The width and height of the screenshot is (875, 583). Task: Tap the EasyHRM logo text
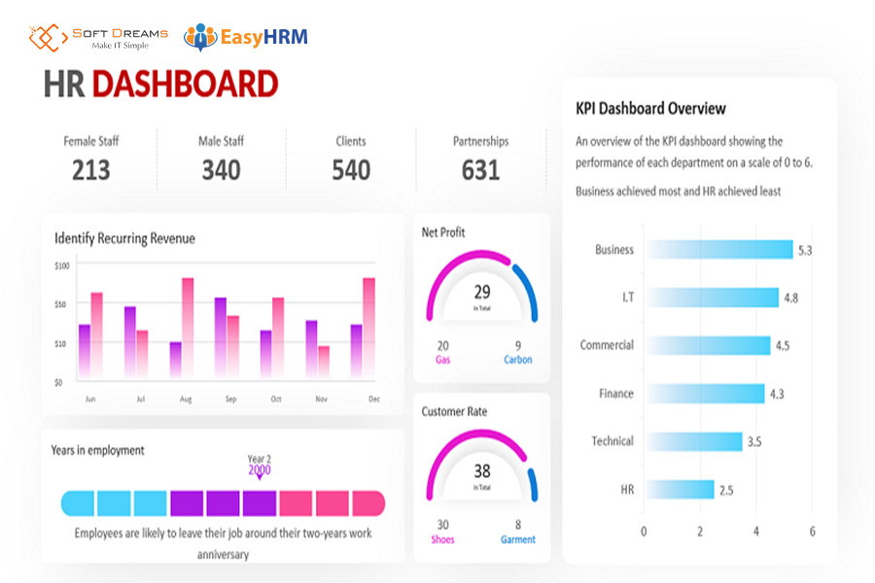pos(262,38)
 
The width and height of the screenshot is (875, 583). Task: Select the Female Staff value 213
pos(90,170)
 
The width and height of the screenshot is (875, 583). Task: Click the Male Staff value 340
pos(221,170)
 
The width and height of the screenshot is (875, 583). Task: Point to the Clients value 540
pos(351,170)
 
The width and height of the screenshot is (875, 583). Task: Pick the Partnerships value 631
pos(480,170)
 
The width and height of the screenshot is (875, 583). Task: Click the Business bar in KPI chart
pos(719,250)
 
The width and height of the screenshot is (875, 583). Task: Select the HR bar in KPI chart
pos(680,490)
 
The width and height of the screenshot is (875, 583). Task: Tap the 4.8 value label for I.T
pos(790,298)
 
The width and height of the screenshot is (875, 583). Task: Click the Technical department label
pos(612,441)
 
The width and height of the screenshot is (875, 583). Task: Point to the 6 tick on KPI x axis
pos(812,532)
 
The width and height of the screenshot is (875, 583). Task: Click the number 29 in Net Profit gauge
pos(482,291)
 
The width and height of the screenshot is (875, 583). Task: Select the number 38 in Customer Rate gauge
pos(482,471)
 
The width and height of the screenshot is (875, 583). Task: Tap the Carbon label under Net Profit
pos(517,360)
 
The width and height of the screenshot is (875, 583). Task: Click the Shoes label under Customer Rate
pos(442,539)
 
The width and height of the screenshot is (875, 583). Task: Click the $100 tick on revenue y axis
pos(62,265)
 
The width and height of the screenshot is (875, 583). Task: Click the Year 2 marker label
pos(260,459)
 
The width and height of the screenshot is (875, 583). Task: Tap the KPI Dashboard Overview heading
pos(650,109)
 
